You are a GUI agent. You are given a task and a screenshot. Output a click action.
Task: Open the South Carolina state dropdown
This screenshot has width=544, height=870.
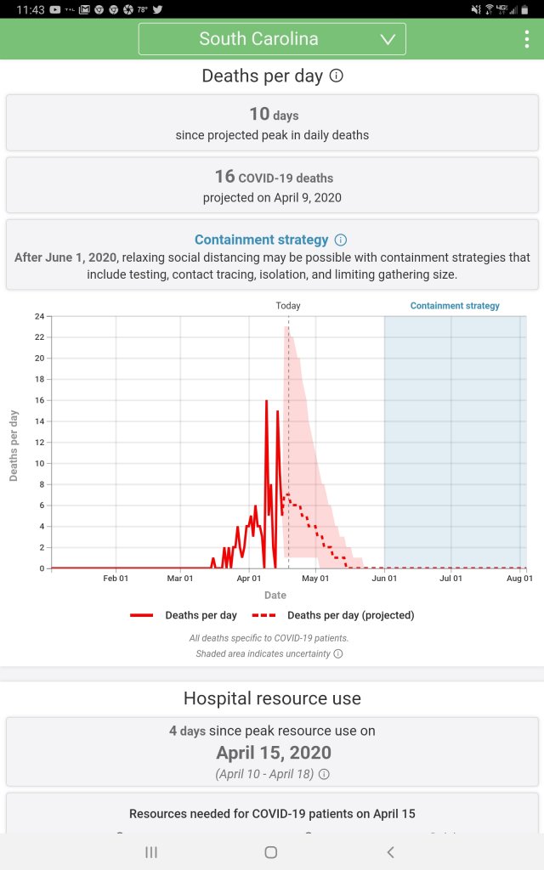click(272, 39)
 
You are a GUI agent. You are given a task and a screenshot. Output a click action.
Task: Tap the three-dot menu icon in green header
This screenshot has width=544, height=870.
click(527, 40)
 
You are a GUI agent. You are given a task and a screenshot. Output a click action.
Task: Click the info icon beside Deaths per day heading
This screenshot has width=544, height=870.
click(337, 76)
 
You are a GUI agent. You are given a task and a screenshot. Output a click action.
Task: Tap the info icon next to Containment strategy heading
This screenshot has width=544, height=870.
click(341, 240)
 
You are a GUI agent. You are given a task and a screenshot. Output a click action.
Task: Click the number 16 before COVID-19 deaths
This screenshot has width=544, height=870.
click(224, 177)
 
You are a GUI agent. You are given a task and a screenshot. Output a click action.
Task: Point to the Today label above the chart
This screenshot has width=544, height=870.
click(288, 306)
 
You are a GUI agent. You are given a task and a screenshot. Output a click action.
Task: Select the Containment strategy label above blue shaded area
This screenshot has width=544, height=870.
click(455, 306)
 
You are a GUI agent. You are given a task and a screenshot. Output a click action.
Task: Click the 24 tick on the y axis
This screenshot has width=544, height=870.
click(39, 316)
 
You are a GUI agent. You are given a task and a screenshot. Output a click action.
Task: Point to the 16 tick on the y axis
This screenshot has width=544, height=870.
click(39, 400)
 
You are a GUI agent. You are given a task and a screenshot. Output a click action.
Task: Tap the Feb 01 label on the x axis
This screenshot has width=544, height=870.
click(116, 579)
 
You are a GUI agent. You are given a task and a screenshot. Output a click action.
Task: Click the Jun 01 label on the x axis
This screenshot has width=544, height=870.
click(384, 579)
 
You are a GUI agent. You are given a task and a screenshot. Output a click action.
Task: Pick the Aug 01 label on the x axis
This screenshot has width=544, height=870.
click(519, 579)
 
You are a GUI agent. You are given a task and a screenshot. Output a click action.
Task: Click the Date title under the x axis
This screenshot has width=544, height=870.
click(275, 596)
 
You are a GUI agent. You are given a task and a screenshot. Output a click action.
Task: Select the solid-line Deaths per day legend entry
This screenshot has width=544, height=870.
click(184, 615)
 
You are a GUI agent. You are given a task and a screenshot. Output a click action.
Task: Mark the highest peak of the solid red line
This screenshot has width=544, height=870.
click(266, 400)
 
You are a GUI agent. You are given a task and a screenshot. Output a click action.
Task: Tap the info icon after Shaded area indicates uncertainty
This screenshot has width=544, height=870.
click(338, 653)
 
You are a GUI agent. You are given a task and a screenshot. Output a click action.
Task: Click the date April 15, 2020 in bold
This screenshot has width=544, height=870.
click(274, 753)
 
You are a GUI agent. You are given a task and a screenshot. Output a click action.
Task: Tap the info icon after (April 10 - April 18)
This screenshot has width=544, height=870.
click(324, 774)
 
